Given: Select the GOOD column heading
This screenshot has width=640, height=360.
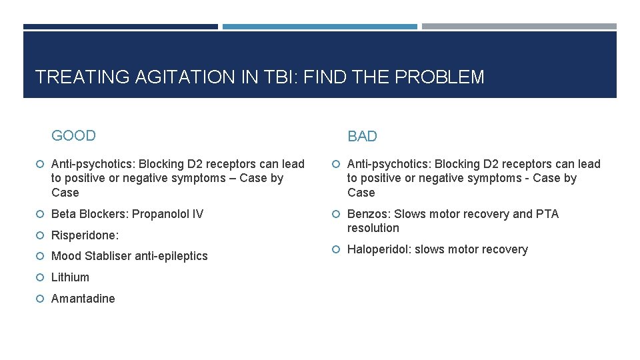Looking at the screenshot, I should (x=73, y=136).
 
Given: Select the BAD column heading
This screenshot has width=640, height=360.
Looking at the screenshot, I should (x=362, y=137).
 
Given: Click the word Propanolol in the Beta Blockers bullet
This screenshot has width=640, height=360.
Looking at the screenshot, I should (x=159, y=214).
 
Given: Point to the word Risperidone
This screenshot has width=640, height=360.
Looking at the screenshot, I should (x=83, y=235).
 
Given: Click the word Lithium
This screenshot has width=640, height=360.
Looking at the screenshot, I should (x=70, y=277).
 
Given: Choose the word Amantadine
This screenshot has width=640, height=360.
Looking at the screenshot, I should (x=83, y=299).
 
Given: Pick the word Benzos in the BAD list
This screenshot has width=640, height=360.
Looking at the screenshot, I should (x=369, y=214).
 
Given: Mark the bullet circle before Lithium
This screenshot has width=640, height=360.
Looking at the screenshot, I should (x=41, y=277).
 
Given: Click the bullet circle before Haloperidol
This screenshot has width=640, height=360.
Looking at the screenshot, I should (x=337, y=249).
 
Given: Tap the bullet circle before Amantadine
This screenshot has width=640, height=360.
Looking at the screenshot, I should (x=41, y=299).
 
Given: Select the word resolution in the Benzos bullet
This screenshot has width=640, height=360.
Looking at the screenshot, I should (x=373, y=228).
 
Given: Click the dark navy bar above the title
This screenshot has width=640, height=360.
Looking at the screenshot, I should (x=120, y=27).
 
